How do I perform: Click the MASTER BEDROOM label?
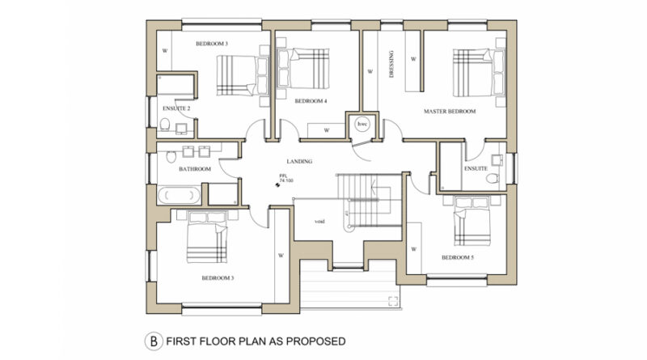(x=450, y=111)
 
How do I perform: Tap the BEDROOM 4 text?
(x=311, y=101)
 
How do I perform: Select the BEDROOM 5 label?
(x=458, y=257)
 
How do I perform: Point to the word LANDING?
(x=299, y=162)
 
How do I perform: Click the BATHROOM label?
(x=195, y=169)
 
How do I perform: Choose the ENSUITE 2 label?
(x=176, y=108)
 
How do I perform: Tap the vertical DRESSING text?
(x=391, y=64)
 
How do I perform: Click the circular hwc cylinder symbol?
(x=362, y=124)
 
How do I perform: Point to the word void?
(x=319, y=222)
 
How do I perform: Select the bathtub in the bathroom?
(x=179, y=195)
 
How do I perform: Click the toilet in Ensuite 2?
(x=165, y=124)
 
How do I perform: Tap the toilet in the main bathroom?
(x=171, y=156)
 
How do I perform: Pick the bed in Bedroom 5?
(x=472, y=222)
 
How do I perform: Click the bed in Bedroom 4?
(x=304, y=69)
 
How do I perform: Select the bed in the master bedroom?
(x=479, y=72)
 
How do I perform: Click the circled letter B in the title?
(x=154, y=341)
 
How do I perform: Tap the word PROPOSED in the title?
(x=315, y=341)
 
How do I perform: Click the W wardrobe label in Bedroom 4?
(x=327, y=130)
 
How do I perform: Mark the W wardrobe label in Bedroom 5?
(x=413, y=249)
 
